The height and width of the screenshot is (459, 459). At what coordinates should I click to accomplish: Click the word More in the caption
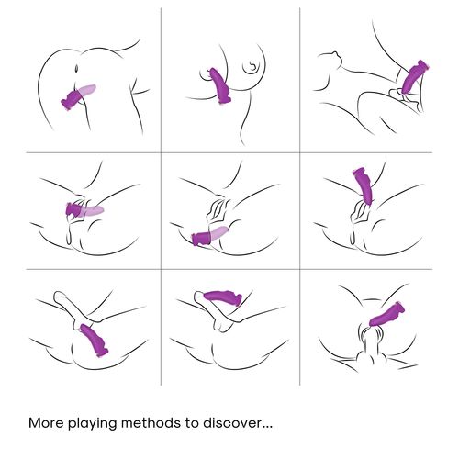pyautogui.click(x=47, y=423)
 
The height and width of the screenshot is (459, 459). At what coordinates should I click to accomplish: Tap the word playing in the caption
pyautogui.click(x=93, y=424)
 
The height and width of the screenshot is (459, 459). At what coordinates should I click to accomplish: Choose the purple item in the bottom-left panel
pyautogui.click(x=94, y=341)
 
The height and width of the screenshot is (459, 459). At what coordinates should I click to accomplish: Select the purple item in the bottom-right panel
pyautogui.click(x=386, y=314)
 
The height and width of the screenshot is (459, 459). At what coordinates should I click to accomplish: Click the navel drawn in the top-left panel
pyautogui.click(x=76, y=67)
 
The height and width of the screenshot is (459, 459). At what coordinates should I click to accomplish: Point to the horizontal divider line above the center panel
pyautogui.click(x=229, y=152)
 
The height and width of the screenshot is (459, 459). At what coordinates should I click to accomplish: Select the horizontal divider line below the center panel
pyautogui.click(x=229, y=269)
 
